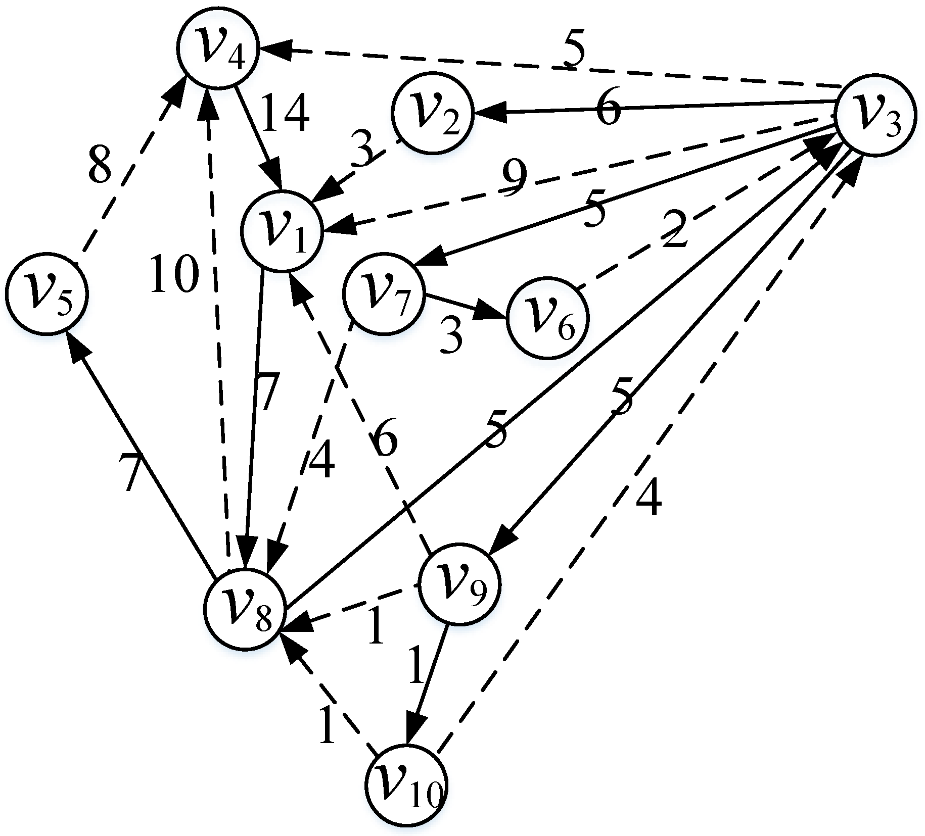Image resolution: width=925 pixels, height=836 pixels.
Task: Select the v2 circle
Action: coord(432,113)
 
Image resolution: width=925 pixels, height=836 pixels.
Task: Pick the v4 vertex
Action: coord(218,48)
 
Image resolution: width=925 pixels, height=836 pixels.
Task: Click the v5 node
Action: coord(47,293)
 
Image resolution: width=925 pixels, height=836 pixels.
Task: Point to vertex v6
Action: coord(548,317)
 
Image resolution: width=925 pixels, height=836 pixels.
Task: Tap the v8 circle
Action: coord(246,609)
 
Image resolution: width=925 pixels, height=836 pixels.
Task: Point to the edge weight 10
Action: coord(173,274)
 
